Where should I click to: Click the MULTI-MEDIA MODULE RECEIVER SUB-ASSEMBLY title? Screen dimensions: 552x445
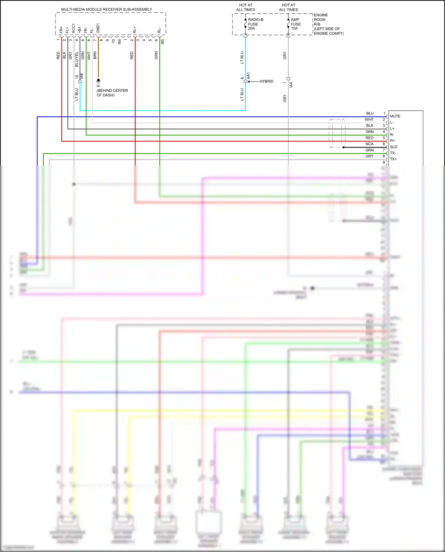tap(107, 9)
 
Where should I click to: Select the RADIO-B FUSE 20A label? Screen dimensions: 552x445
tap(255, 24)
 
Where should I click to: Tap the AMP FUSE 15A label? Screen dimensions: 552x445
tap(295, 24)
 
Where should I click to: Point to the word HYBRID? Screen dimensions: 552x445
tap(266, 81)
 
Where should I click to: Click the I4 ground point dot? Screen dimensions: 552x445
tap(98, 80)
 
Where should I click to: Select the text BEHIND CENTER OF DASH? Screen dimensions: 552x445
tap(112, 93)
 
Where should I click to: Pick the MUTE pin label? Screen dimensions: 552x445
tap(395, 116)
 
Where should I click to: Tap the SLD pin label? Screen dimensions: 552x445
tap(393, 147)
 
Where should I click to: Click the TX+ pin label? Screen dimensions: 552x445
tap(393, 159)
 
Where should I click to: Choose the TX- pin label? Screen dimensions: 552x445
tap(393, 153)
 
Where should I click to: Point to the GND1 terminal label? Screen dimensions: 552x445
tap(98, 28)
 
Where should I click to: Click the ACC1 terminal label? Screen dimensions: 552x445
tap(74, 28)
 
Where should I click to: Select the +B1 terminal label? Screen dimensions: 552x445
tap(80, 30)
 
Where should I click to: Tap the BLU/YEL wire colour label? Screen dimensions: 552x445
tap(77, 59)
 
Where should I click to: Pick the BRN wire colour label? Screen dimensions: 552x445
tap(95, 55)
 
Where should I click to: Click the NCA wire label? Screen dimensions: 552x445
tap(369, 144)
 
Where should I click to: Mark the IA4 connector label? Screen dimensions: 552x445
tap(291, 85)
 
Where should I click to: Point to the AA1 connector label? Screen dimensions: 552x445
tap(249, 76)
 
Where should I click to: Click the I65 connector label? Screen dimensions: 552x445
tap(162, 42)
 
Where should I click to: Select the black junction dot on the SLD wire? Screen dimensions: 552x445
tap(344, 147)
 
